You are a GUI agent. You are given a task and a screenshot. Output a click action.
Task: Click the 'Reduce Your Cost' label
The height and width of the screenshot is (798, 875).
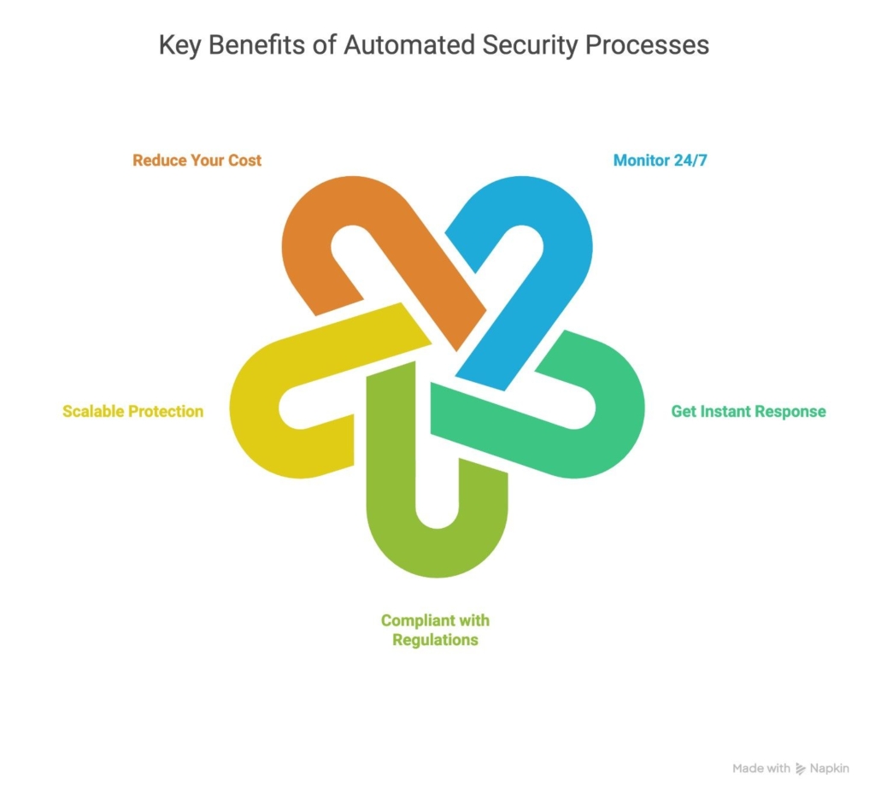click(197, 160)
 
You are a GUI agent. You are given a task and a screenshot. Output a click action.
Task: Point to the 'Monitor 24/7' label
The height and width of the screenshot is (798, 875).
click(661, 160)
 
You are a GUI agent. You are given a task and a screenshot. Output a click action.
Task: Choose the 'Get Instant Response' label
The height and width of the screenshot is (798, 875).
click(748, 411)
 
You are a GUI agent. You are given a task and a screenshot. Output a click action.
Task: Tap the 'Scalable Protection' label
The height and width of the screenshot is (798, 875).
click(132, 411)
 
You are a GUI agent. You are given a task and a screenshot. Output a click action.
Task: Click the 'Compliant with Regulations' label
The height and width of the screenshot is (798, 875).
click(435, 630)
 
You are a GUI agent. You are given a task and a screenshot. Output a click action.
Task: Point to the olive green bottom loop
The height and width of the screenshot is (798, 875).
click(436, 547)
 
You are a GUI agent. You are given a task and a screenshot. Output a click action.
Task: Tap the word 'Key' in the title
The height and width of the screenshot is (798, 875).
click(179, 45)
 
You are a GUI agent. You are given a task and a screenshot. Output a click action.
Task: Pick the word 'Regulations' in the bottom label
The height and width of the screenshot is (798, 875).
click(435, 639)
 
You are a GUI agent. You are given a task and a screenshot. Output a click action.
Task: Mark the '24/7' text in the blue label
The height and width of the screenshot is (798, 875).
click(689, 160)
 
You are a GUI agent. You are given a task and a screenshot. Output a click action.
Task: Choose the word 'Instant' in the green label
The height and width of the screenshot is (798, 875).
click(726, 411)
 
